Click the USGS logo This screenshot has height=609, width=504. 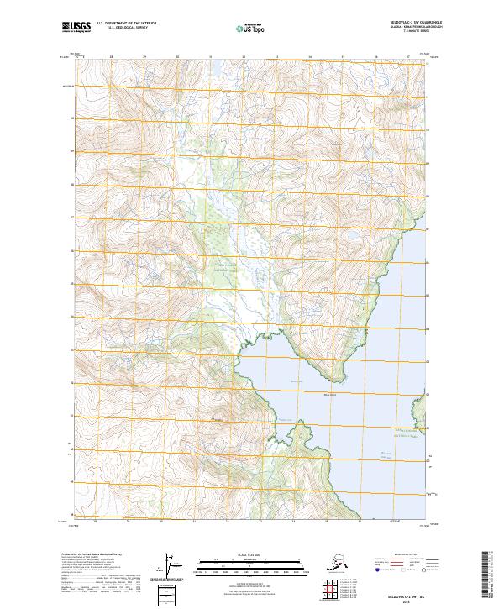click(x=76, y=27)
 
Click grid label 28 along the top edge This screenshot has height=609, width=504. click(x=111, y=57)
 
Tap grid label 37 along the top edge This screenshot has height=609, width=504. click(x=408, y=57)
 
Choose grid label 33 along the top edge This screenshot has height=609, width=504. click(x=276, y=57)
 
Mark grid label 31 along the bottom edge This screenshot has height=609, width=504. click(x=195, y=522)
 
